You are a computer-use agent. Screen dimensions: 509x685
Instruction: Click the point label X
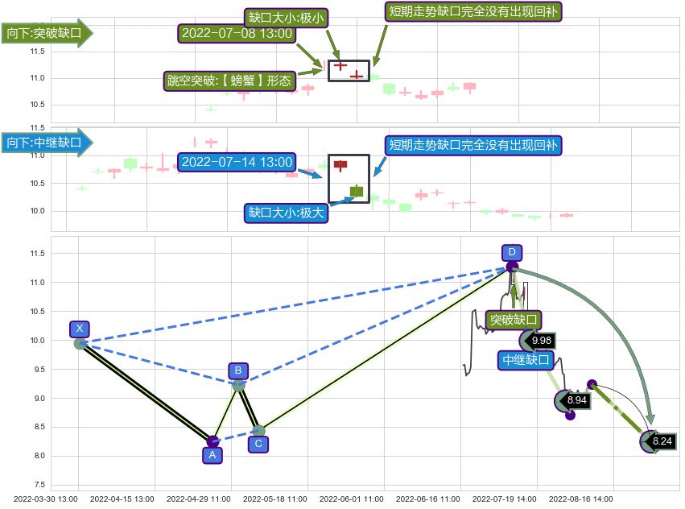[x=79, y=329]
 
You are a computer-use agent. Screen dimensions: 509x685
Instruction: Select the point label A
[x=212, y=455]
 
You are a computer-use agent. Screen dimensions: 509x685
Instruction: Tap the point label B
[x=238, y=370]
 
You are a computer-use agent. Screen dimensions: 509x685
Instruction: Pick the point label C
[x=258, y=443]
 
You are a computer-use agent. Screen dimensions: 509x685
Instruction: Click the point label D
[x=511, y=251]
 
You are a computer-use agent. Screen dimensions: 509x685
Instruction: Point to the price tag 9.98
[x=541, y=340]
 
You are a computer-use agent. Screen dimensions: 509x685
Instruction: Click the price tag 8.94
[x=577, y=399]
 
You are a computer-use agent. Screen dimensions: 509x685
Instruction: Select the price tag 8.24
[x=662, y=441]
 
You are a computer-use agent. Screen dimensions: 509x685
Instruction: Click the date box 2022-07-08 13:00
[x=237, y=34]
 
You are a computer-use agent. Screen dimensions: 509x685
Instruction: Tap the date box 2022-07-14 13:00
[x=237, y=162]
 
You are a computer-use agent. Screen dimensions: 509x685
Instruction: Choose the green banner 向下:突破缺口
[x=44, y=34]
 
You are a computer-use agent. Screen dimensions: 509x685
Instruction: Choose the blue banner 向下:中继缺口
[x=44, y=143]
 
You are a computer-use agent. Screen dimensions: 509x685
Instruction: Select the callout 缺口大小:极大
[x=287, y=213]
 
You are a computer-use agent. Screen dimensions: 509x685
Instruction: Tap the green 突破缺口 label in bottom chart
[x=514, y=321]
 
